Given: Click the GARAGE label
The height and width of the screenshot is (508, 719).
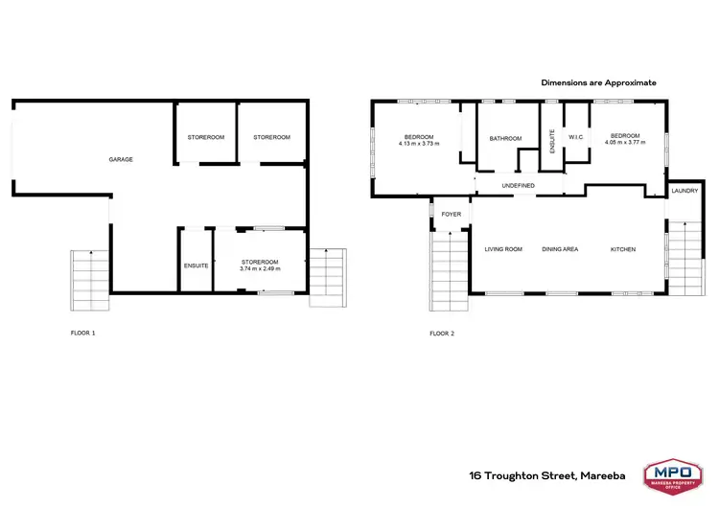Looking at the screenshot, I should tap(121, 159).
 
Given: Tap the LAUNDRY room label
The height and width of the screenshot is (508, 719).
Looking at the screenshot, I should tap(684, 191).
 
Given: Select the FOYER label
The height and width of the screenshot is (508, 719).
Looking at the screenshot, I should tap(451, 214).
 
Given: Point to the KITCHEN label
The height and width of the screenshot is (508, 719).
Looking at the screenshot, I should tap(623, 249).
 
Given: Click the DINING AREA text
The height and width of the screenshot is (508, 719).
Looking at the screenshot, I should tap(560, 249).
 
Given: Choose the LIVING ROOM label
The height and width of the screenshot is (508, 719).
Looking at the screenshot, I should tap(503, 249).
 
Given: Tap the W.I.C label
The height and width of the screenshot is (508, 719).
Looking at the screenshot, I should tap(576, 137).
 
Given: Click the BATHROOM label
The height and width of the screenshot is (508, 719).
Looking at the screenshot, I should tap(505, 139).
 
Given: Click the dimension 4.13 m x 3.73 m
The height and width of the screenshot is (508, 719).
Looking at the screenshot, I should tap(419, 144).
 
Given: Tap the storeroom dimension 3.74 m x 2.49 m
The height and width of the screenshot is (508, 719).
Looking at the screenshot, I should tap(260, 269).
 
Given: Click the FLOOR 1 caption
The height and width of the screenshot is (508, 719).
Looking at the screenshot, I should tap(83, 334).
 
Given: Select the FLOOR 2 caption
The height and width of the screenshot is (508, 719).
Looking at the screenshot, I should tap(442, 334).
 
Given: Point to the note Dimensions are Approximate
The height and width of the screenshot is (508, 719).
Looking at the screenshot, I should tap(598, 83).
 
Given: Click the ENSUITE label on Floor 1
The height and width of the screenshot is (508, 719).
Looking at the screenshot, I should tap(196, 266).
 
